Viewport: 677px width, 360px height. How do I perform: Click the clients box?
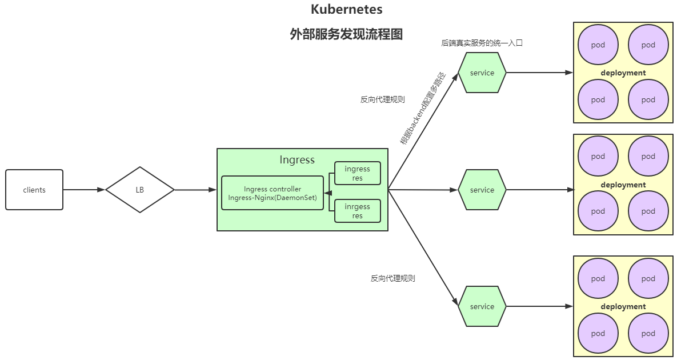point(34,190)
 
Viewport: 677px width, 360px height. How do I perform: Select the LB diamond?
point(140,190)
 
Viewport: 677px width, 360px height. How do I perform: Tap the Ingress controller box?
point(273,193)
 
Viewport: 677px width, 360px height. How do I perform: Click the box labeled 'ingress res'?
point(358,173)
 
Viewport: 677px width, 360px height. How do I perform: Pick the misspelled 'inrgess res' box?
point(358,211)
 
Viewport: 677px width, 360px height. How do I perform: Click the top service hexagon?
point(482,73)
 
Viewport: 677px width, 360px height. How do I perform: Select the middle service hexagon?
point(482,190)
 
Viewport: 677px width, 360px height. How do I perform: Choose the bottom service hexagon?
point(482,306)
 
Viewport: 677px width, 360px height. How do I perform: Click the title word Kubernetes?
point(346,10)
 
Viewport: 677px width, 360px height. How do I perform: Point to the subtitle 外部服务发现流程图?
point(346,34)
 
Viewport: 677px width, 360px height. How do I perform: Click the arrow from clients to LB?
point(84,190)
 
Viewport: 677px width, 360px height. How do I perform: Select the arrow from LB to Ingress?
point(195,190)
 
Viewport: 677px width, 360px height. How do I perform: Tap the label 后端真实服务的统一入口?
point(482,43)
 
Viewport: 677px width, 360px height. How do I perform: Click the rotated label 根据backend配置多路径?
point(422,109)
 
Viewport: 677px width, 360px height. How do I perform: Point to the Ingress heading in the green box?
point(297,160)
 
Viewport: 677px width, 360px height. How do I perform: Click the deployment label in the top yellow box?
point(623,73)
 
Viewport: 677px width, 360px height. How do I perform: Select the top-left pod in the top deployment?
point(598,45)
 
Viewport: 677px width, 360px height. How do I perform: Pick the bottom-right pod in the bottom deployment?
point(648,334)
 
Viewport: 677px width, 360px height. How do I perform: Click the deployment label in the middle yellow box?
point(623,185)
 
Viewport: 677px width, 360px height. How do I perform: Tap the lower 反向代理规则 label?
point(392,279)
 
